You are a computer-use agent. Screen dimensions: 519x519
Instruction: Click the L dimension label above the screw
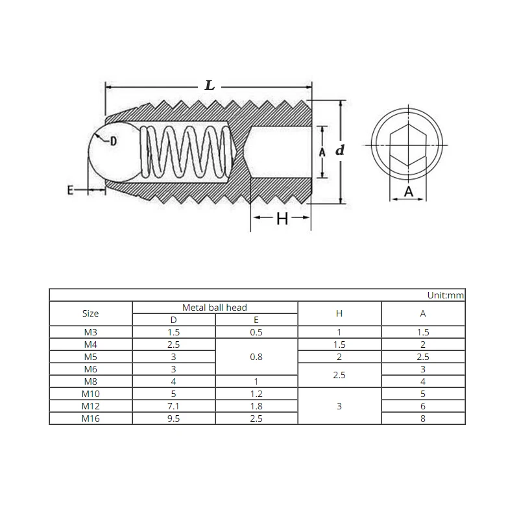210,86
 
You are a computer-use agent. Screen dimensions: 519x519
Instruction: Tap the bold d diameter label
339,151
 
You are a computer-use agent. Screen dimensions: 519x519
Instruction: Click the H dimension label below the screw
282,219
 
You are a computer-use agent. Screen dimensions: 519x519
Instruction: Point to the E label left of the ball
70,190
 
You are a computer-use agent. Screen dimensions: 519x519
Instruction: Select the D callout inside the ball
114,141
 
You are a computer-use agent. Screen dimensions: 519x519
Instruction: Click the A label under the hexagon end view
409,191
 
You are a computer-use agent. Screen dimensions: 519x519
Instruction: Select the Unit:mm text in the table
446,295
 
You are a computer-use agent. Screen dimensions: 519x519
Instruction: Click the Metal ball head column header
215,308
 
